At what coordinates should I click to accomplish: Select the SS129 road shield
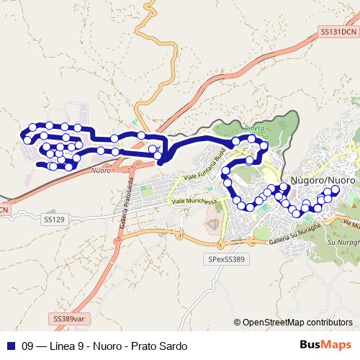pos(54,218)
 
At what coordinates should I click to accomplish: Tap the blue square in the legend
pos(10,346)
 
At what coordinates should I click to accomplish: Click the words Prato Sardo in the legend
pos(161,346)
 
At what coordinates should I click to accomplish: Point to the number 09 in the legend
pos(28,346)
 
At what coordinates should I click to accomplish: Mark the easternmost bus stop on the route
pos(334,190)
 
